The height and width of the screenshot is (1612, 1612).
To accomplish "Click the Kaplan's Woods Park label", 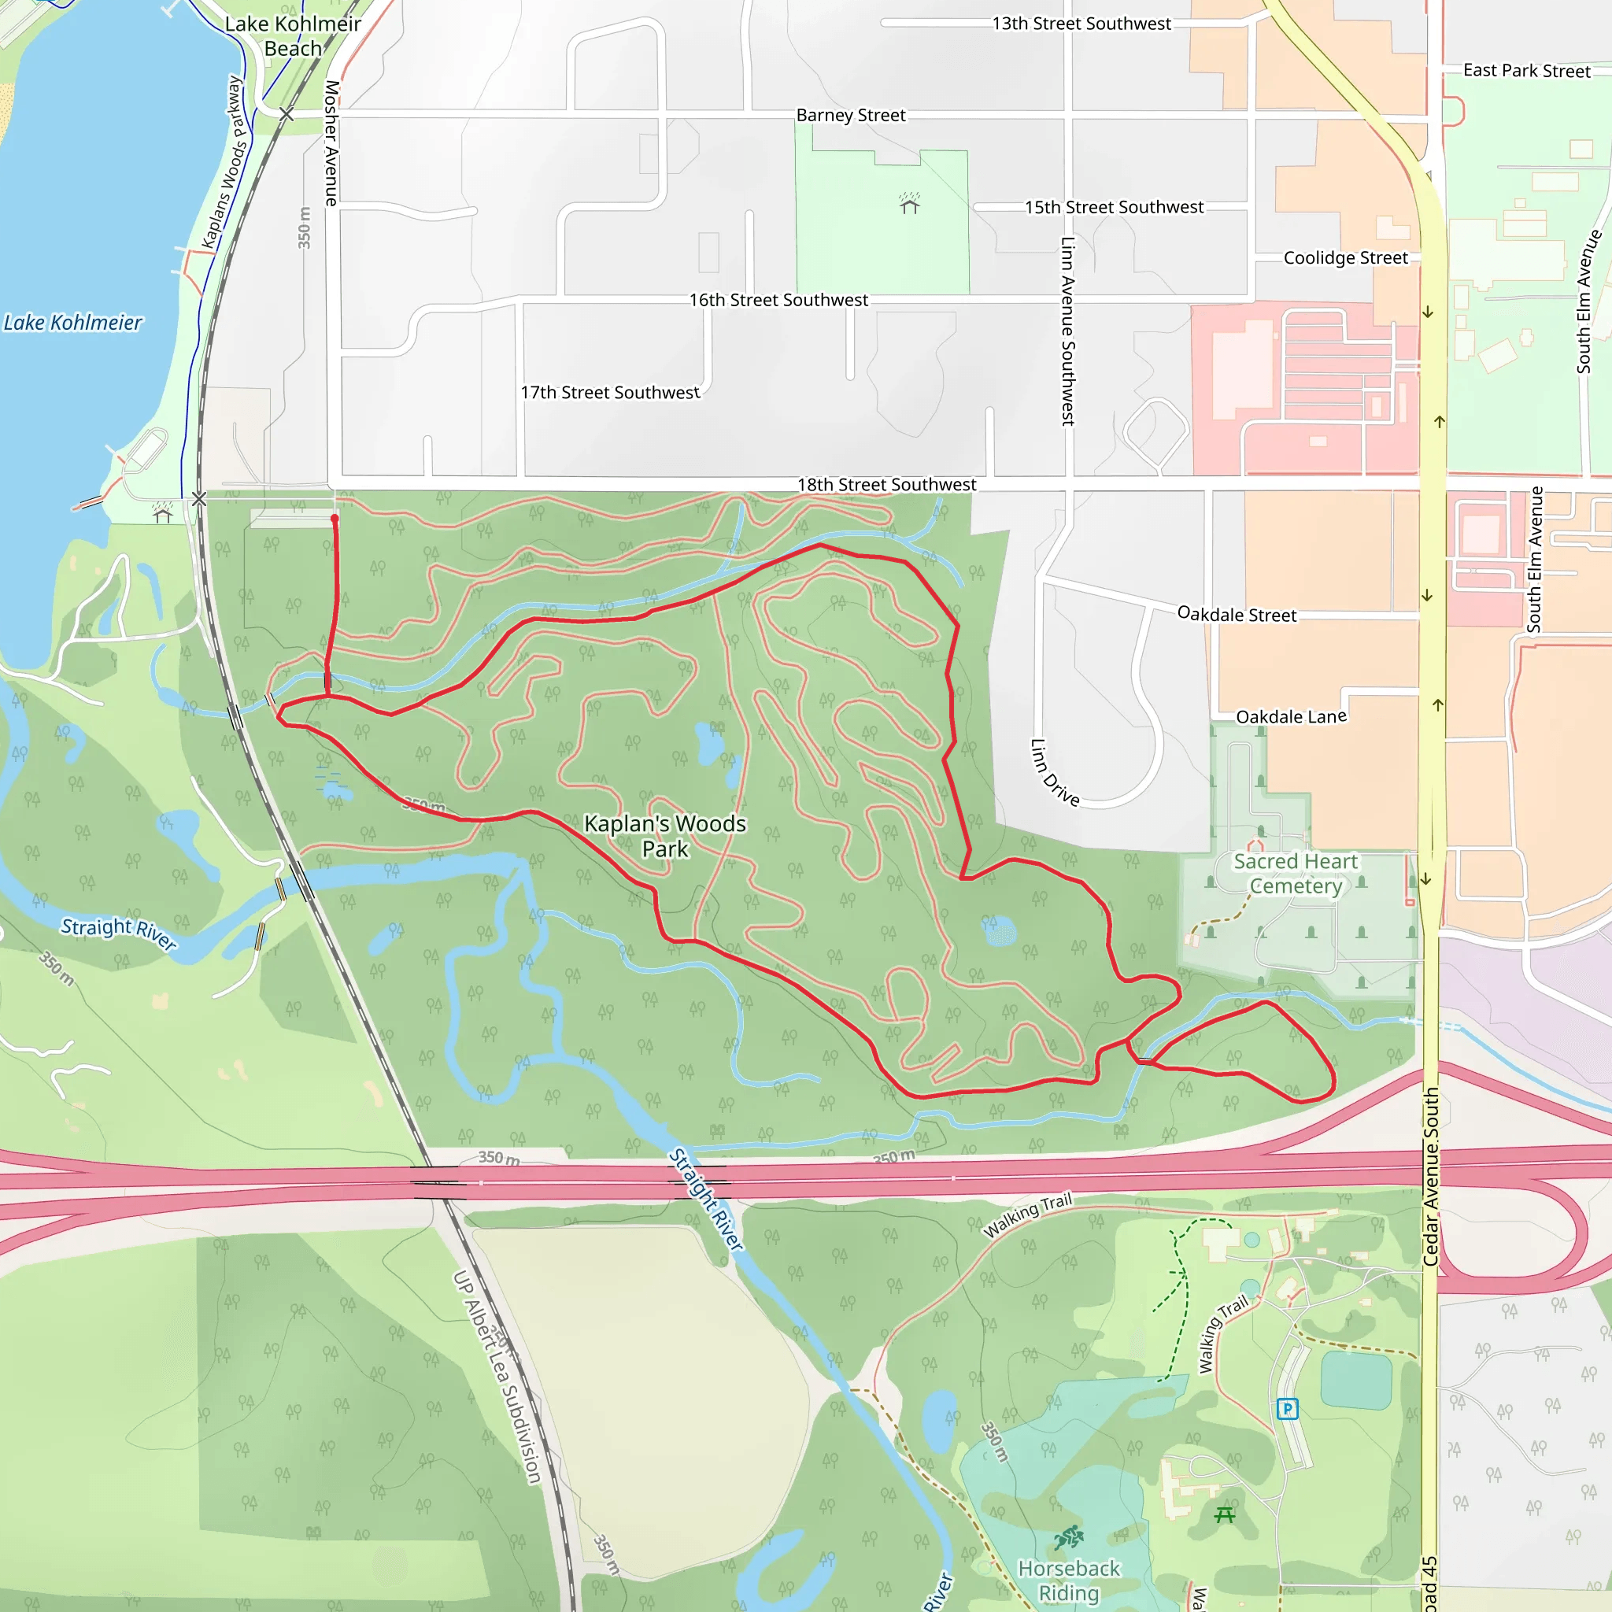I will (x=665, y=835).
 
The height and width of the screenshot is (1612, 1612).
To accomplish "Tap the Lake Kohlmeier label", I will (x=72, y=322).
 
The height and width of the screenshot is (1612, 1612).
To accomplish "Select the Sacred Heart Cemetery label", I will (x=1295, y=873).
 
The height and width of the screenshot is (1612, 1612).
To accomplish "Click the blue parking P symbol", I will (x=1288, y=1408).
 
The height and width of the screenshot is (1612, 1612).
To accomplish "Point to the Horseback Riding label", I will (x=1069, y=1581).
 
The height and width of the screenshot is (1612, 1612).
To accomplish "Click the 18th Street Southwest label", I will (x=886, y=485).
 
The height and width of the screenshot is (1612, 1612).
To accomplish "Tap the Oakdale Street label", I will (x=1237, y=614).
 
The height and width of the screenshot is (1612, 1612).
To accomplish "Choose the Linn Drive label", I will (x=1055, y=773).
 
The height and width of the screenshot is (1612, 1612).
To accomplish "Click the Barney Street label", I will (x=850, y=115).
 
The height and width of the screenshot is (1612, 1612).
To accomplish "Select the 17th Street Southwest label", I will (x=610, y=392).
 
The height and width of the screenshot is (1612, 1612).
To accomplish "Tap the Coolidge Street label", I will (x=1345, y=258).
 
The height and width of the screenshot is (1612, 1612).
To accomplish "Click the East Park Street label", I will (x=1526, y=71).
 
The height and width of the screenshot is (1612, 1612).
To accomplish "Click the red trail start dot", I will (x=335, y=519).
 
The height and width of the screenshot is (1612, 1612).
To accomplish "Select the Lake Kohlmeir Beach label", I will (x=293, y=36).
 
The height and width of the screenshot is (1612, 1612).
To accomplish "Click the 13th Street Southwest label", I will (x=1081, y=24).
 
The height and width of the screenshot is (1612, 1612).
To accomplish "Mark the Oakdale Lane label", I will (x=1291, y=717).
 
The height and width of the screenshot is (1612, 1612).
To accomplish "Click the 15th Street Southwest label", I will (x=1114, y=207).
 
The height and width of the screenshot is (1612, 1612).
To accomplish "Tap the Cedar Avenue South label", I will (x=1431, y=1177).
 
